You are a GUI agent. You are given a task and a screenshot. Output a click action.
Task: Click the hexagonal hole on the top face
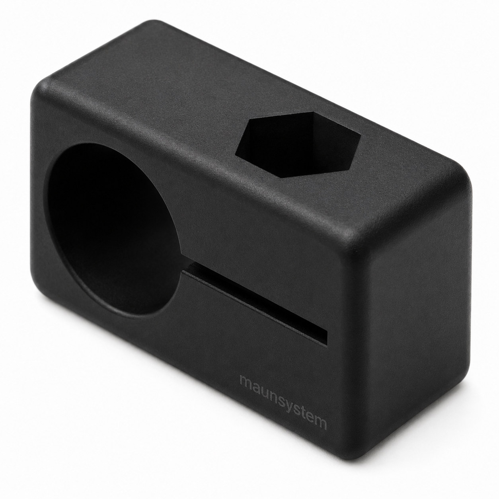[298, 144]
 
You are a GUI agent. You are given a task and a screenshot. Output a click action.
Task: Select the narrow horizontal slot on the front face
[255, 303]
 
